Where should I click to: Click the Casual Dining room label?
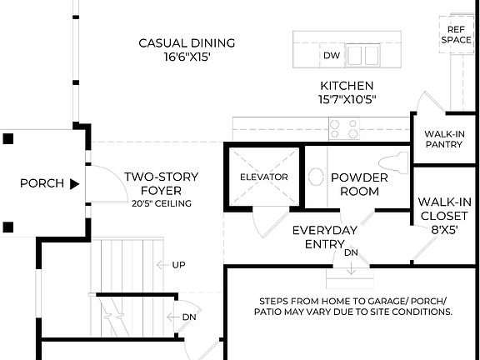(x=187, y=43)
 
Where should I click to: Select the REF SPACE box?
(x=456, y=33)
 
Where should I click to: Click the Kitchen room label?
(x=347, y=86)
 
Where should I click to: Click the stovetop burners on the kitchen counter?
(x=344, y=128)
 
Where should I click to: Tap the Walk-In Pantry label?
(x=445, y=139)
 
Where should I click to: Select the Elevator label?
(x=263, y=177)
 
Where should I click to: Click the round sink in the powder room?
(x=316, y=177)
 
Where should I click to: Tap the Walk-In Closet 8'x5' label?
(x=445, y=214)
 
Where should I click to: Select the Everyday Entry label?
(x=324, y=237)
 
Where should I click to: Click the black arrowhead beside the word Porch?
(x=74, y=183)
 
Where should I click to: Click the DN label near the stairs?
(x=188, y=317)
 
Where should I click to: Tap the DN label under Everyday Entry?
(x=351, y=252)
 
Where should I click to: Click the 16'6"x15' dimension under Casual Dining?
(x=187, y=58)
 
